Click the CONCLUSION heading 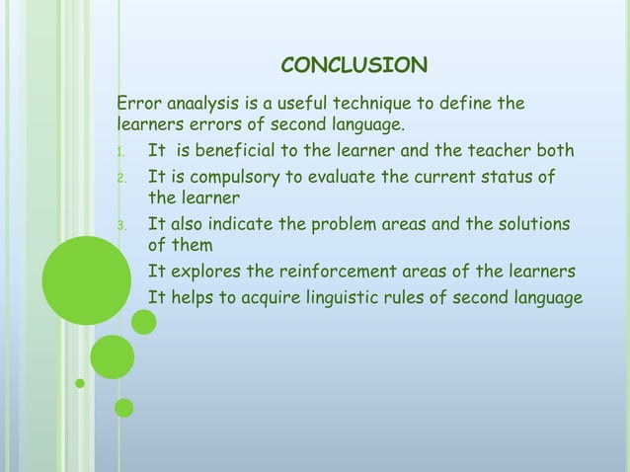click(354, 65)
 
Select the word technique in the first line click(375, 104)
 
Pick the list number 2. click(119, 179)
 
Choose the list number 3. click(119, 225)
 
